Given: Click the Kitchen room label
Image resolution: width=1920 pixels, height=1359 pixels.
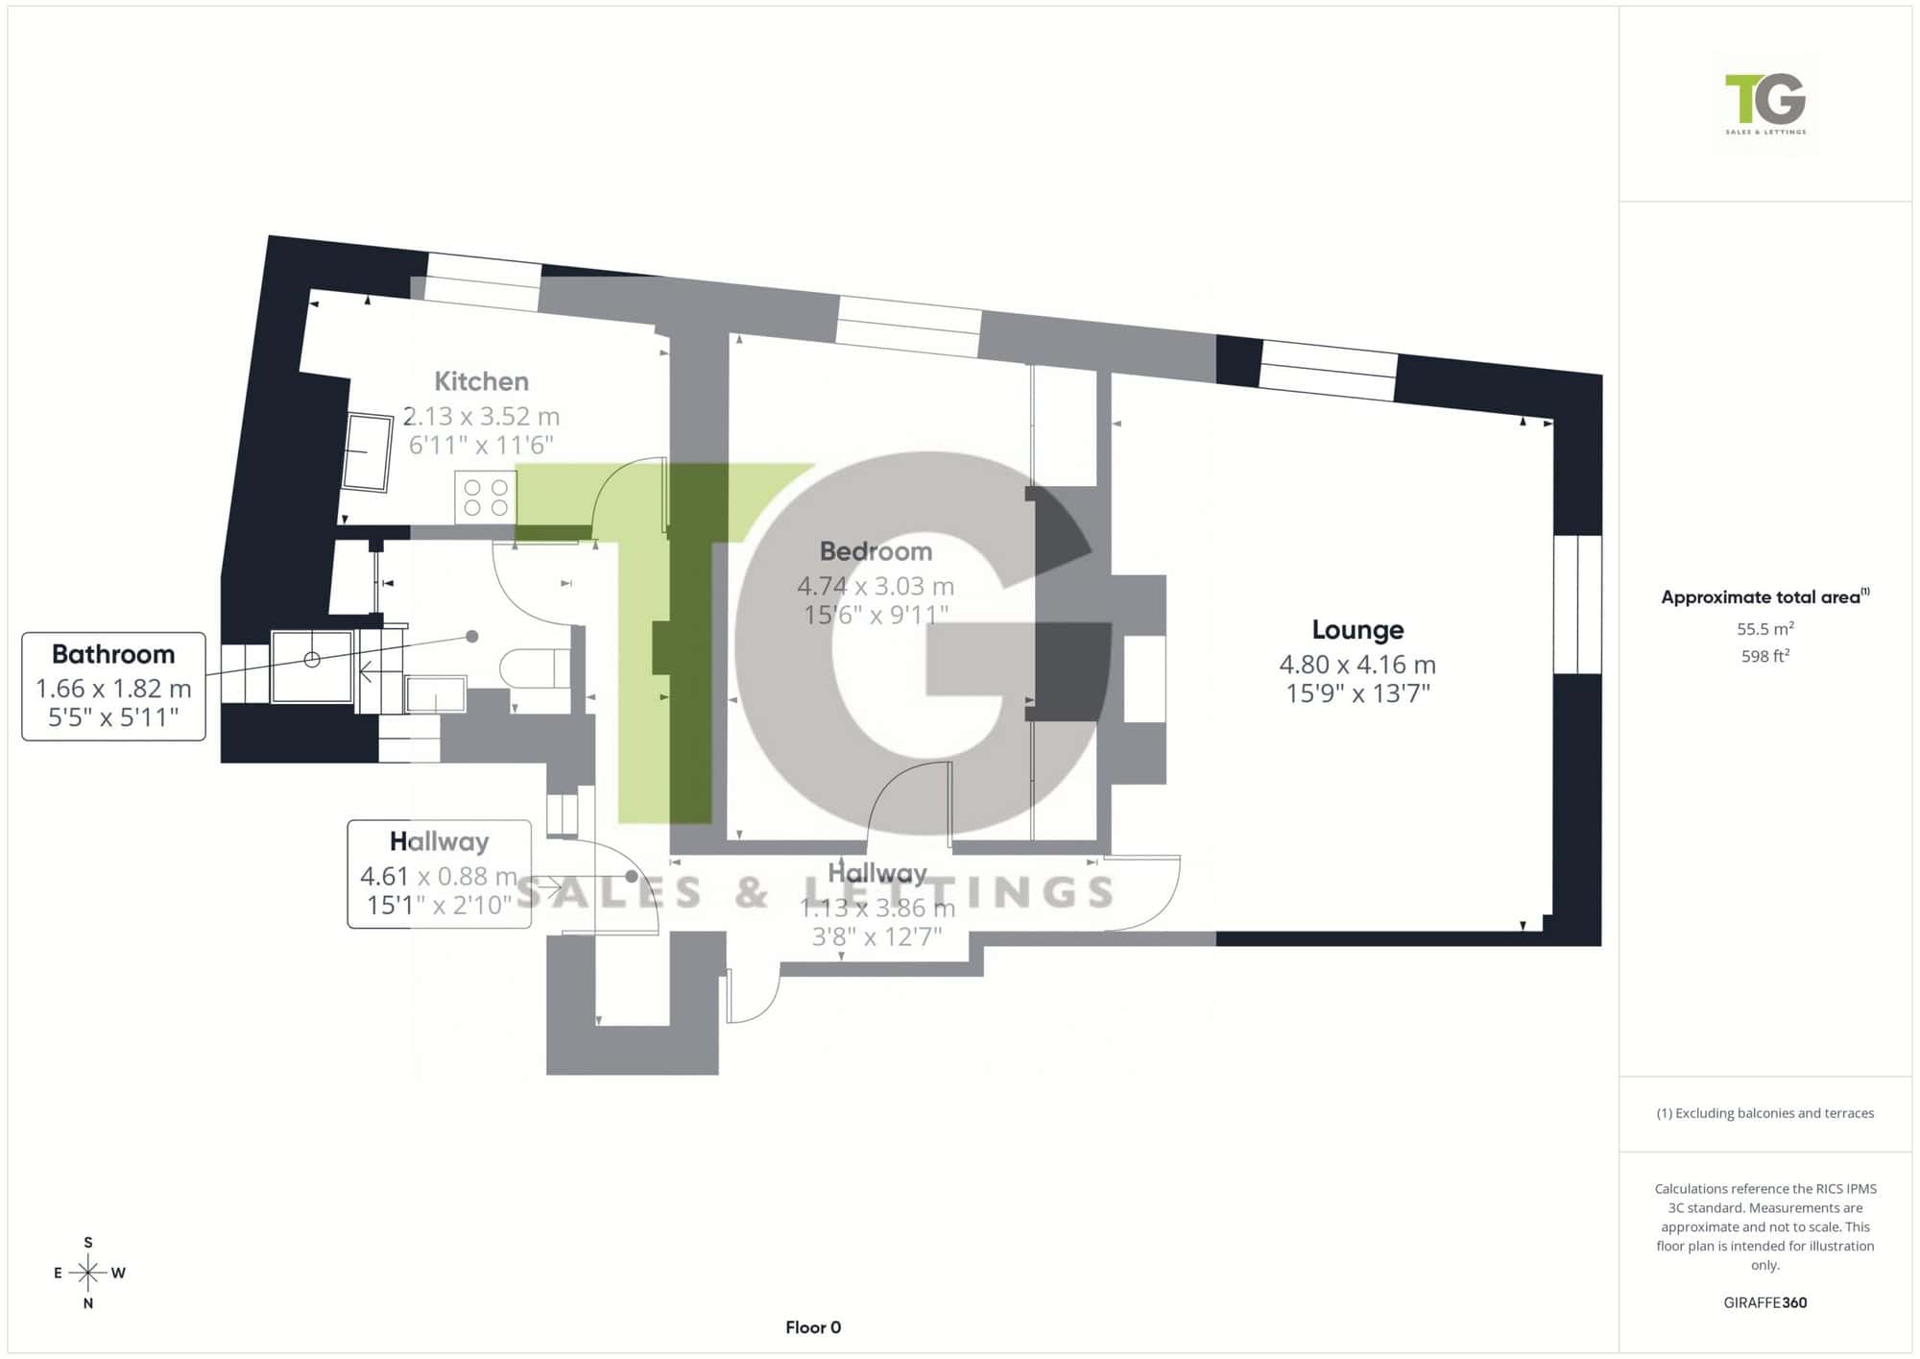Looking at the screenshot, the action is point(481,381).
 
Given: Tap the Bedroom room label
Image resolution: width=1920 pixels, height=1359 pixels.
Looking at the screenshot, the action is point(876,551).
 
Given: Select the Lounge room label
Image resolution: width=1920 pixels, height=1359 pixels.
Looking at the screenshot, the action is point(1357,630).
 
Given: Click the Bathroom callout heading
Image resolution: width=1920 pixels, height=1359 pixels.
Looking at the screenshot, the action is point(113,654).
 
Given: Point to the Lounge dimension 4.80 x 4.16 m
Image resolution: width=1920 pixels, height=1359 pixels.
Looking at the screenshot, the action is point(1357,665).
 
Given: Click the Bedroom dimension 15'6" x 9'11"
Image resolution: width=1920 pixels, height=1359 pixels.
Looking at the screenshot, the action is point(876,615).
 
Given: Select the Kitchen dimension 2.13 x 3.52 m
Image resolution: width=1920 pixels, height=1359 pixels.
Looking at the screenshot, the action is point(481,416).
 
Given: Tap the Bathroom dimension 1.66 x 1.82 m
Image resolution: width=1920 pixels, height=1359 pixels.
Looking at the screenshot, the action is point(113,689).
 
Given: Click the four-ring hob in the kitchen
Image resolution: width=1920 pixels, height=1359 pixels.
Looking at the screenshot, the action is point(486,497).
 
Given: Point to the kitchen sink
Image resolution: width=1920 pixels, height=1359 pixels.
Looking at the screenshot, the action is point(368,452).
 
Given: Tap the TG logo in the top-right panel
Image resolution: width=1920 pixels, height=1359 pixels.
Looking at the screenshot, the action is point(1765,103).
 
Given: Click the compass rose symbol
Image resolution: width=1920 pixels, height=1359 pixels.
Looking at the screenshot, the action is point(88,1274).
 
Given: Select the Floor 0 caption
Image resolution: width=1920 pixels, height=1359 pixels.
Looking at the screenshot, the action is point(813,1327).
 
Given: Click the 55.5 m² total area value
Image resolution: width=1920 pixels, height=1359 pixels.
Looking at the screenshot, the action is point(1765,629).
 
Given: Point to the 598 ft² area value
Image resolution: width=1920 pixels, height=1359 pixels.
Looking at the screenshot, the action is point(1765,657).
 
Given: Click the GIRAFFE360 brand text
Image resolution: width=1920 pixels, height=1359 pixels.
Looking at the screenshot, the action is point(1765,1303).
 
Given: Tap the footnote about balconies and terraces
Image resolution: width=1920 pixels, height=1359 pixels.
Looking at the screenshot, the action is point(1765,1113).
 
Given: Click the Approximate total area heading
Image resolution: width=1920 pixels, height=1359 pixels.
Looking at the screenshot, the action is point(1765,596).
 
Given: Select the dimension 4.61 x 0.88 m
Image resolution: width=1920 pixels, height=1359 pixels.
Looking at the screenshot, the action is point(439,876).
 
